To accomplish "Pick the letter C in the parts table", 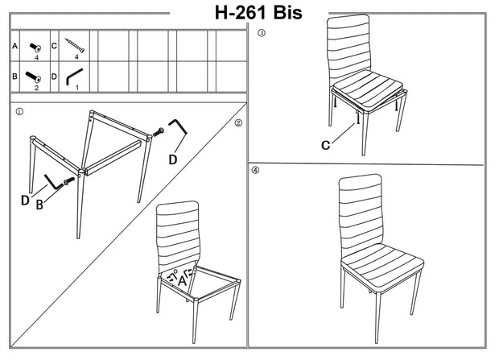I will pyautogui.click(x=54, y=47).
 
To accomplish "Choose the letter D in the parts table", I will pyautogui.click(x=54, y=77).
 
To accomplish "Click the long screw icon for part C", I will pyautogui.click(x=76, y=46).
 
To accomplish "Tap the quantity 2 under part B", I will pyautogui.click(x=36, y=87).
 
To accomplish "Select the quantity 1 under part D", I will pyautogui.click(x=76, y=87).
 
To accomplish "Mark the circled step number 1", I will pyautogui.click(x=19, y=113).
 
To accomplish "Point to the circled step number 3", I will pyautogui.click(x=260, y=34).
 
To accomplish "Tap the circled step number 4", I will pyautogui.click(x=256, y=170).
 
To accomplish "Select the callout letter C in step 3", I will pyautogui.click(x=326, y=146).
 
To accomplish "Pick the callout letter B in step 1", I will pyautogui.click(x=39, y=205).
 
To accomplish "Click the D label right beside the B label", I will pyautogui.click(x=25, y=200).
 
